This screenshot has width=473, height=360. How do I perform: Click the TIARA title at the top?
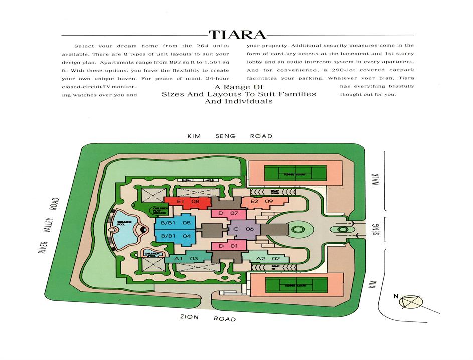(237, 34)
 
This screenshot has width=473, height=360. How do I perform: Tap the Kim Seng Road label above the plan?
(230, 136)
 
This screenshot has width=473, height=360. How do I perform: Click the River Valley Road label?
(49, 225)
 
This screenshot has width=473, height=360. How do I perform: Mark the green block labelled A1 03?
(187, 258)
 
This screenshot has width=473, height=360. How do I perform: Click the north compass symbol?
(410, 301)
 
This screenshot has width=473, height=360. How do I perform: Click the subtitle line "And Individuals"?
(238, 101)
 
